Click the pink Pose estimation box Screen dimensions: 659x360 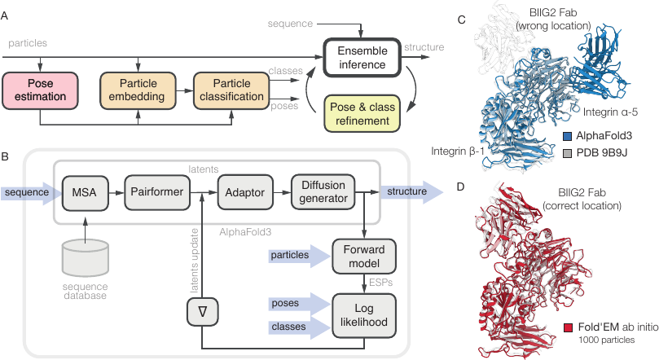click(41, 90)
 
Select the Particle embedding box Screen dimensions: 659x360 click(138, 90)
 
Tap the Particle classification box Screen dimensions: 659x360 click(231, 90)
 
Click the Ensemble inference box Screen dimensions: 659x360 click(362, 58)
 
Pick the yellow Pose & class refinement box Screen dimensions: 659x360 click(362, 113)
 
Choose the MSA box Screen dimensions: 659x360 click(85, 192)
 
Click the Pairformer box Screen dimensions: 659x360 click(156, 192)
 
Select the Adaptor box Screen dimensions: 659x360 click(245, 192)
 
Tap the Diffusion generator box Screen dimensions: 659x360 click(323, 192)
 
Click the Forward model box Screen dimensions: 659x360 click(364, 257)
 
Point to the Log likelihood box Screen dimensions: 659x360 click(364, 315)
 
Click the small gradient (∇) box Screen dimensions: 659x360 click(203, 312)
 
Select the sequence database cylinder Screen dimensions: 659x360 click(86, 258)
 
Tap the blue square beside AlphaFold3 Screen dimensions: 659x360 click(568, 136)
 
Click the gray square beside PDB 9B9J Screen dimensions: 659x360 click(568, 153)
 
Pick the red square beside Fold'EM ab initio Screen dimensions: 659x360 click(569, 327)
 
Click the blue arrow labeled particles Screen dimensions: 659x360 click(299, 256)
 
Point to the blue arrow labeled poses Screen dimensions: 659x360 click(299, 304)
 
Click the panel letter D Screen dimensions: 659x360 click(460, 187)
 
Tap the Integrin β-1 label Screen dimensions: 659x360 click(458, 151)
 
